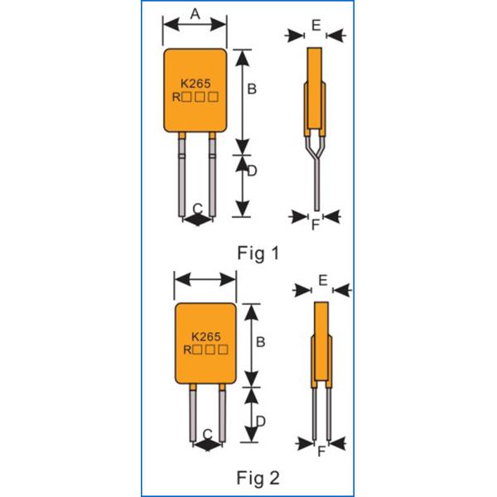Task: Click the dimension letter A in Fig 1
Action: pyautogui.click(x=195, y=13)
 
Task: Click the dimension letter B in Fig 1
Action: pyautogui.click(x=252, y=88)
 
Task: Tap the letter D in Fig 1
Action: pyautogui.click(x=252, y=171)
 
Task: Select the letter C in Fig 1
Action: pyautogui.click(x=197, y=207)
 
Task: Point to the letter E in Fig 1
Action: pyautogui.click(x=316, y=26)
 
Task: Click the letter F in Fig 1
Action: pyautogui.click(x=316, y=224)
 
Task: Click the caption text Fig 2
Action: pyautogui.click(x=258, y=478)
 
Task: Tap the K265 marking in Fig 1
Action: pyautogui.click(x=195, y=83)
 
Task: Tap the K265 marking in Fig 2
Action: pyautogui.click(x=205, y=337)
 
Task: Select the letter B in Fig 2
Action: pyautogui.click(x=260, y=341)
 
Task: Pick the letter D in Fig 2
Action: pyautogui.click(x=260, y=421)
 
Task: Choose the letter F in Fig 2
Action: pyautogui.click(x=322, y=452)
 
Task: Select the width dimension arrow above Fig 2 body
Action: pyautogui.click(x=205, y=279)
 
